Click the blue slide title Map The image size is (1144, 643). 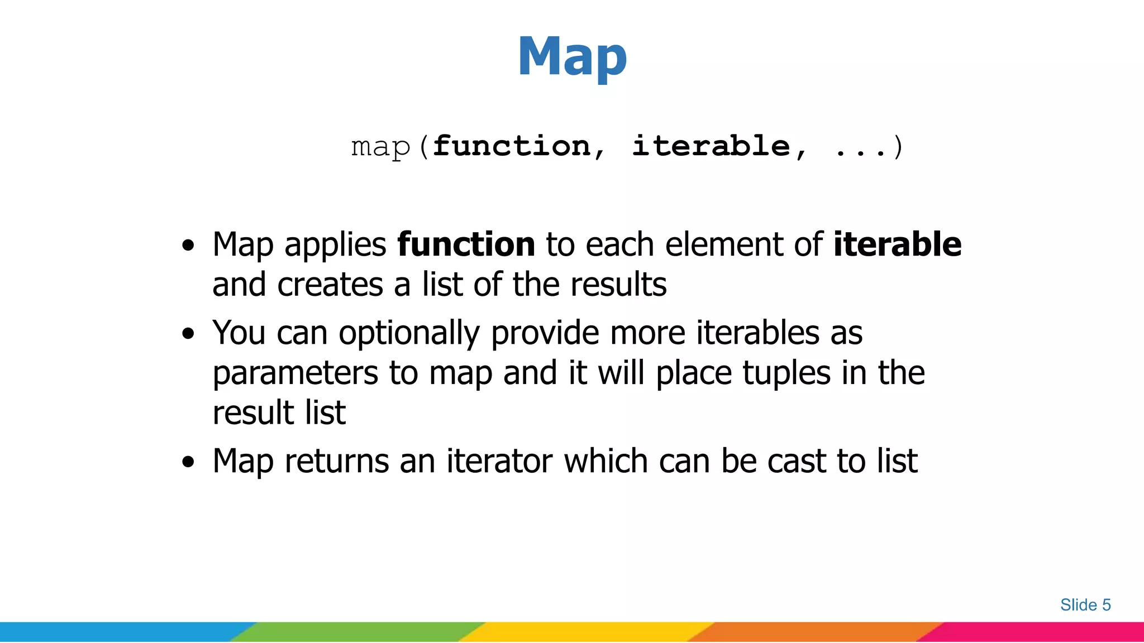(572, 57)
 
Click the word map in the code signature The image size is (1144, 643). (381, 147)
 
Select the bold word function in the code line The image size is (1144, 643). (512, 146)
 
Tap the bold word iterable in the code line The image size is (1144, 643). (711, 146)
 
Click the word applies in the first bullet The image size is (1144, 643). (335, 246)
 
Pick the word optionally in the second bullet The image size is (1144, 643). (409, 334)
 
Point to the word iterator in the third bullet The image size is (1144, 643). (499, 462)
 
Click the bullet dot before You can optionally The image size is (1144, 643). (189, 334)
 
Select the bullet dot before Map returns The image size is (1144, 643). (189, 462)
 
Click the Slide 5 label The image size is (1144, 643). (1085, 605)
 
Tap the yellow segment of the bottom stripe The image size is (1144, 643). (587, 632)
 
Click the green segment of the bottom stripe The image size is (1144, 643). (357, 632)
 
